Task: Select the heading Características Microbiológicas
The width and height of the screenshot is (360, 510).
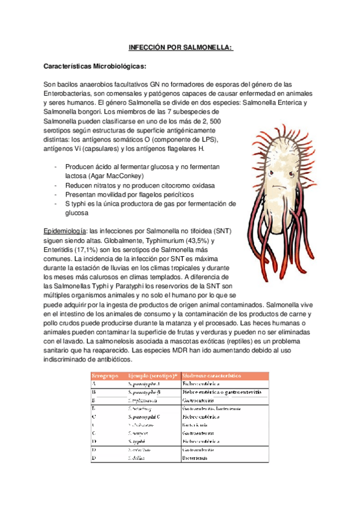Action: (96, 66)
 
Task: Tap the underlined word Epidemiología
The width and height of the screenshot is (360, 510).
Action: (65, 231)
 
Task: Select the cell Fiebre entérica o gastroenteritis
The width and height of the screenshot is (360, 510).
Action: (221, 392)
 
